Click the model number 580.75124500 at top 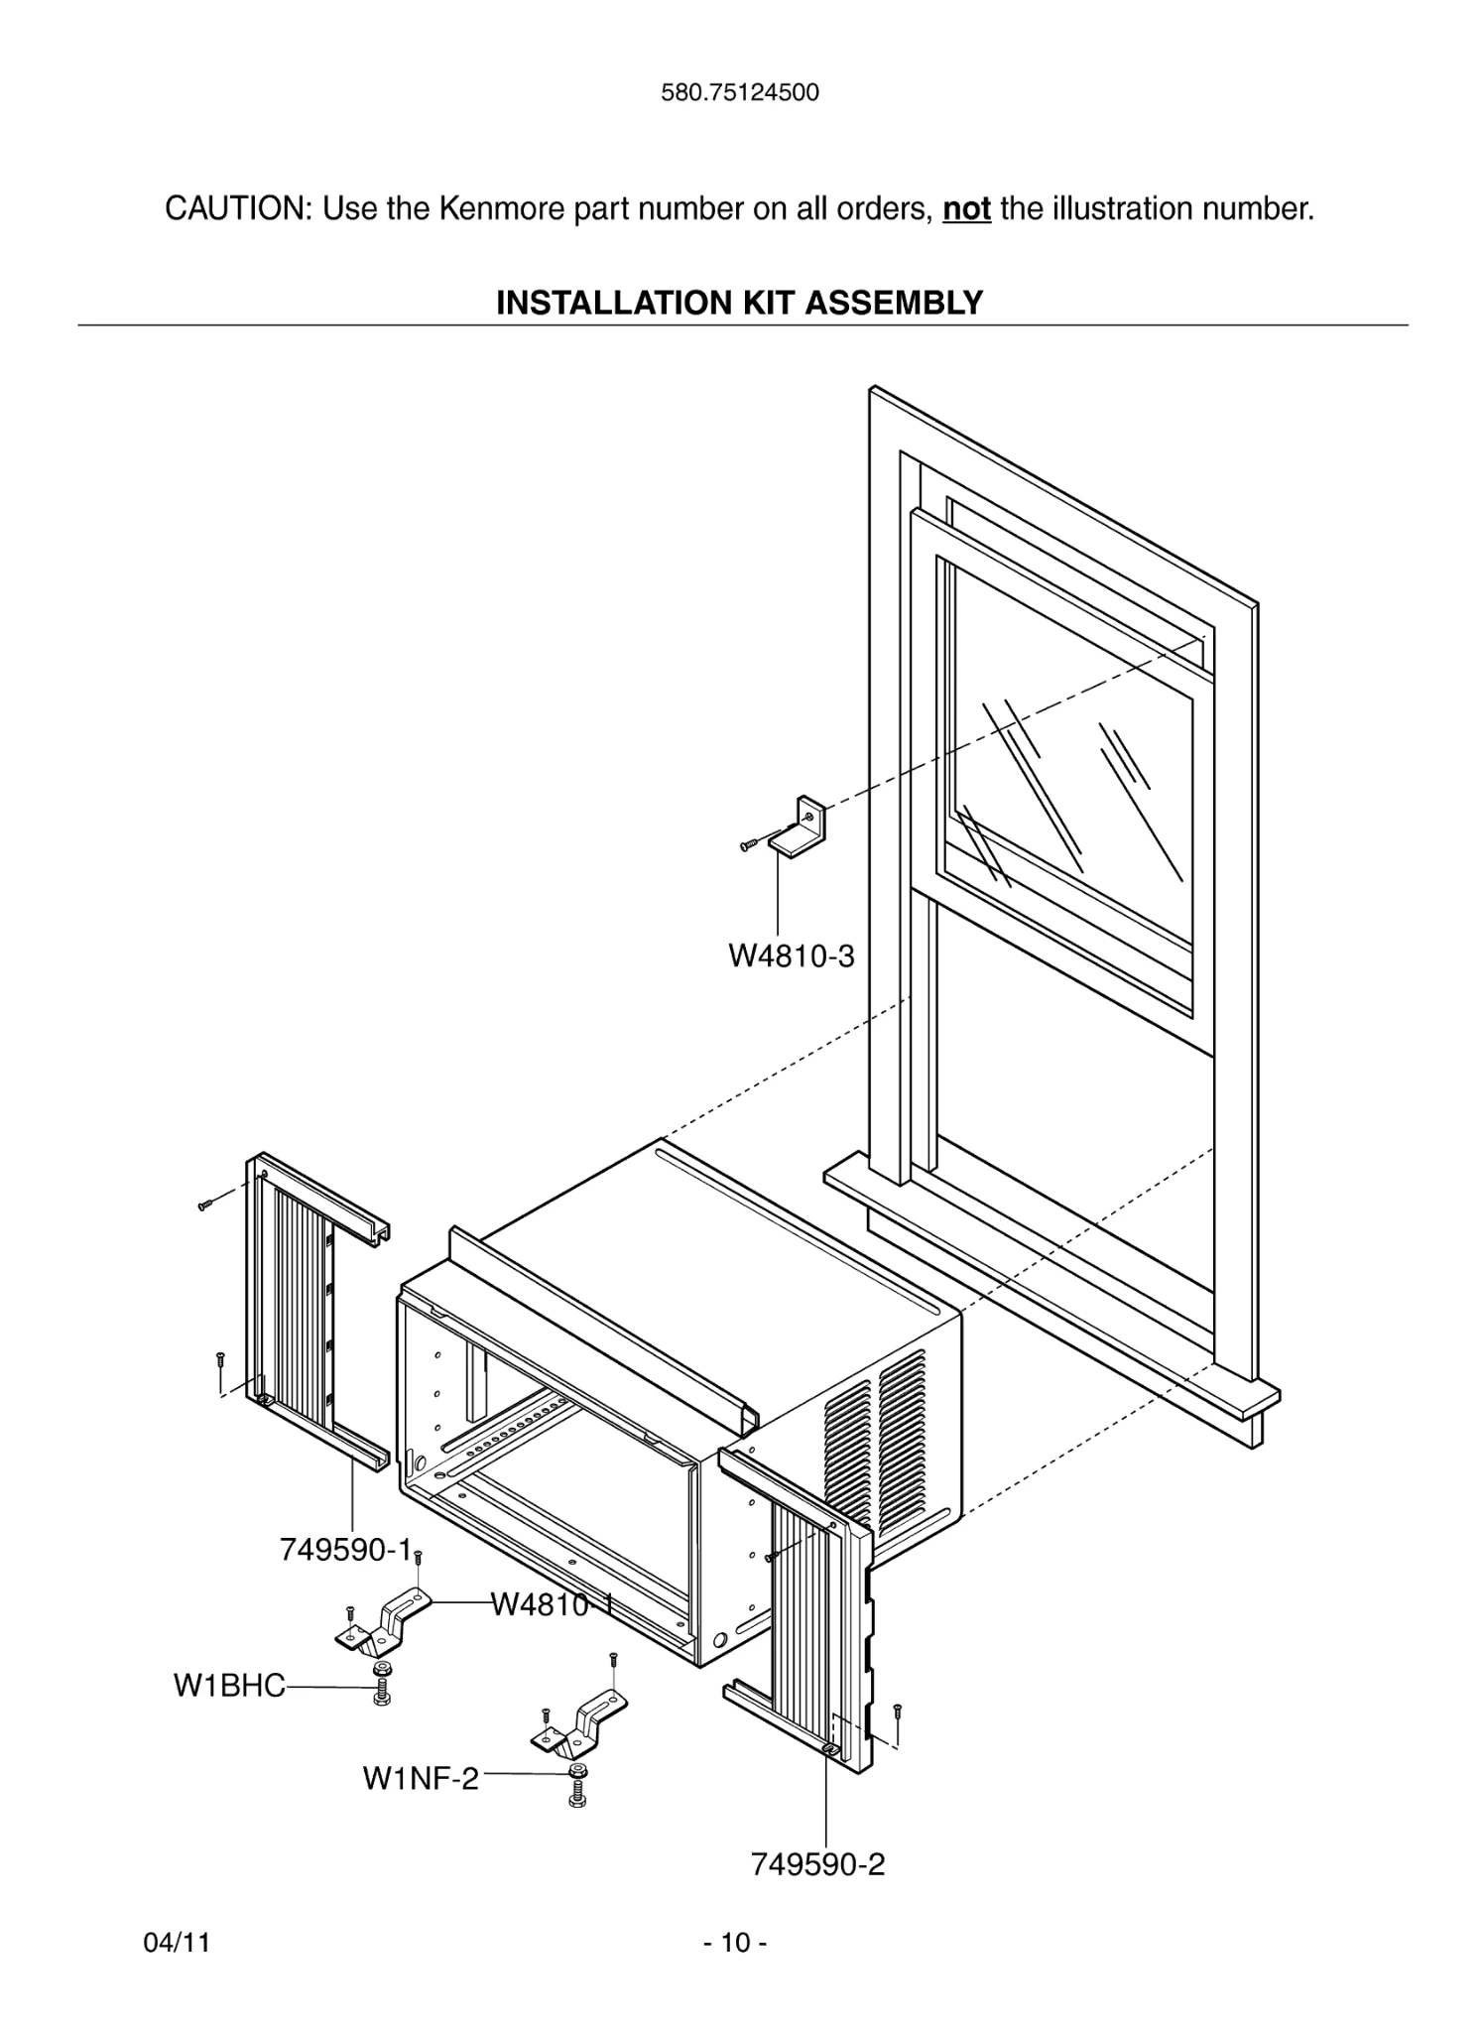click(740, 93)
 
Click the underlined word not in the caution click(966, 209)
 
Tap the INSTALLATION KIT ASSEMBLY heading click(740, 303)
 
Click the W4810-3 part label click(791, 956)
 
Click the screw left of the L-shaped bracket click(750, 844)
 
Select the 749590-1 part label click(344, 1550)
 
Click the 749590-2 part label click(817, 1864)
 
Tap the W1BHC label click(229, 1686)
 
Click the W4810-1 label click(551, 1604)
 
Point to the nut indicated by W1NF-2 click(576, 1772)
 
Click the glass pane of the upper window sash click(1071, 764)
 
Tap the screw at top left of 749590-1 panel click(205, 1206)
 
